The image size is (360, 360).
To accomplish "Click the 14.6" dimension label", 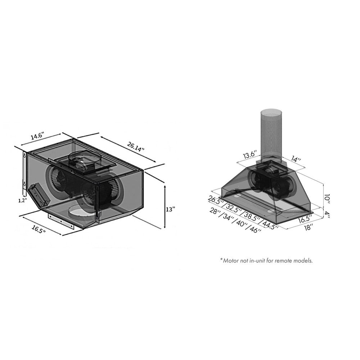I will click(x=37, y=136).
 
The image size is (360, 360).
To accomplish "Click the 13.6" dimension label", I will click(x=250, y=156).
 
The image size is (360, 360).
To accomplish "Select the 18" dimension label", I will click(x=308, y=227).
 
